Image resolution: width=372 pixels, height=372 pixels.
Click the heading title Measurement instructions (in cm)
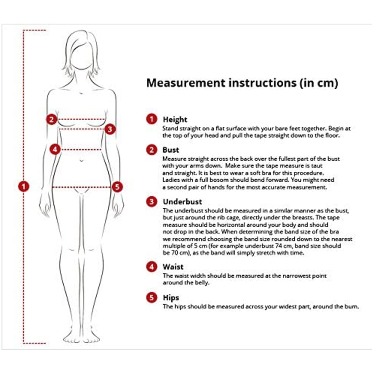[x=242, y=83]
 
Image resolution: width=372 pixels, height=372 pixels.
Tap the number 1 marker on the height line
[x=24, y=186]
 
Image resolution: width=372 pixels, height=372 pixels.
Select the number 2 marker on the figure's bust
[x=52, y=119]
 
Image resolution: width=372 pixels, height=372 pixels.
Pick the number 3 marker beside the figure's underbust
[x=110, y=129]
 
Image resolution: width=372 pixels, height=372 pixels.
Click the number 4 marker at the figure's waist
[x=55, y=150]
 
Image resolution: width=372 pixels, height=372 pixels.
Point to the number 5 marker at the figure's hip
[x=117, y=187]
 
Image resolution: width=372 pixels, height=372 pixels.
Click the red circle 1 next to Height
[x=152, y=119]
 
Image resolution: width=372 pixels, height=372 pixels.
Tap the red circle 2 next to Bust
[x=152, y=150]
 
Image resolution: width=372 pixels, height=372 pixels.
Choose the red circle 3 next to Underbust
[x=152, y=202]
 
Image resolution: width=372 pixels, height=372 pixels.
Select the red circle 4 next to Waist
[x=152, y=267]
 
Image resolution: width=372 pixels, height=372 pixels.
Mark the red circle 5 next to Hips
[x=152, y=297]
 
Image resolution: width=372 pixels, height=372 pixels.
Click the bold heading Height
[x=175, y=119]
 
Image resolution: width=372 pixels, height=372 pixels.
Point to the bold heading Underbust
[x=182, y=202]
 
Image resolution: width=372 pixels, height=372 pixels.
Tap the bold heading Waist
[x=173, y=267]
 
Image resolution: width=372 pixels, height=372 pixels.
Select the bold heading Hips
[x=171, y=298]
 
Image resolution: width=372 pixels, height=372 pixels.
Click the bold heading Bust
[x=171, y=150]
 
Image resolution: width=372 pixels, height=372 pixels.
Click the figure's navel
[x=81, y=161]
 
